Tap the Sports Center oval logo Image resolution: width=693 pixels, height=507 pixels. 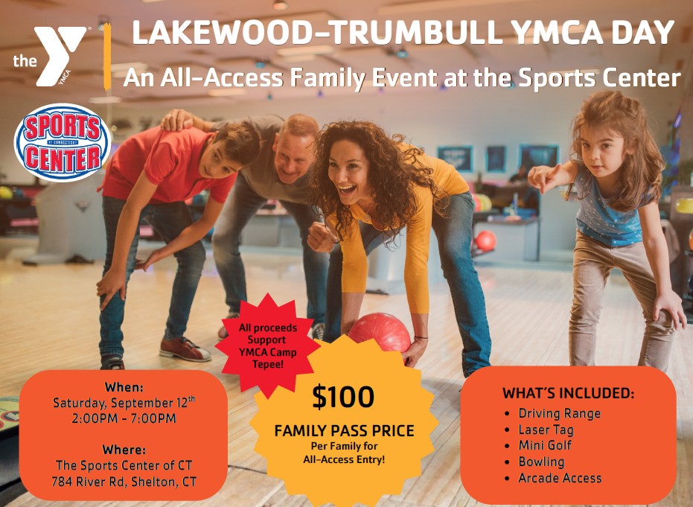[62, 142]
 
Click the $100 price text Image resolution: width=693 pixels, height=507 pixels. [343, 397]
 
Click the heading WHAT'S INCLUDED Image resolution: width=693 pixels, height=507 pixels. [569, 393]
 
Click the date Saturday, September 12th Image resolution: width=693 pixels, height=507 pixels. [124, 402]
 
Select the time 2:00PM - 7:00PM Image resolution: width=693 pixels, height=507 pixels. [124, 418]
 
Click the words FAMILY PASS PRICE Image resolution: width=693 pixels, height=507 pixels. [344, 430]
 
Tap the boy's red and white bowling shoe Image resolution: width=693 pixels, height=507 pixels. [185, 349]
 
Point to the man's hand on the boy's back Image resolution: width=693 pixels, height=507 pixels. [176, 120]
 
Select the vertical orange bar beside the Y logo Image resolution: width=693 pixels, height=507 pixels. [107, 57]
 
